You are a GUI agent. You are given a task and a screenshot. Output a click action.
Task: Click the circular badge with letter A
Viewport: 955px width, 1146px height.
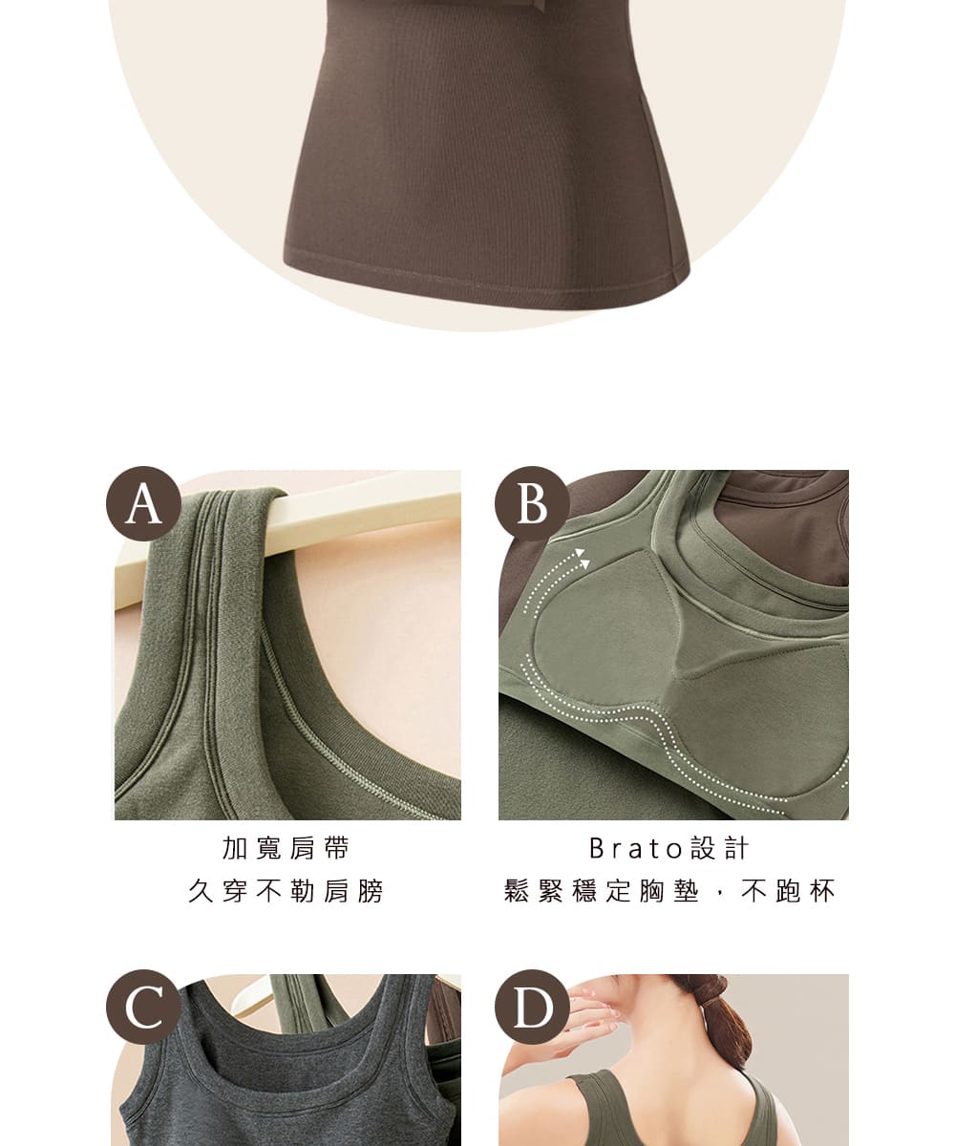(143, 503)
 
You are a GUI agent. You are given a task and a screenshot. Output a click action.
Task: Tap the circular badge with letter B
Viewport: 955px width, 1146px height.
(532, 503)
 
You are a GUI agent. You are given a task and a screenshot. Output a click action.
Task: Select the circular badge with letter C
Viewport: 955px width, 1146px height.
(143, 1007)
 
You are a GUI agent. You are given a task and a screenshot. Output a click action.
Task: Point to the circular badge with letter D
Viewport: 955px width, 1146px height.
(532, 1007)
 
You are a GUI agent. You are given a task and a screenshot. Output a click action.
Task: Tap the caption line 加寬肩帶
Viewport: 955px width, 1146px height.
(286, 848)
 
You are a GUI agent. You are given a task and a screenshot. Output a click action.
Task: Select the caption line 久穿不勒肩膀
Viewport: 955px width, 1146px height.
(286, 891)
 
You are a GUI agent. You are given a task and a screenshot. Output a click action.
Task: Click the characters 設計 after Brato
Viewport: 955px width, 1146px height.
(719, 848)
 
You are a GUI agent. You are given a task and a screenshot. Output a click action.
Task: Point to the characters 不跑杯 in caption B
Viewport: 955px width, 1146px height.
(788, 891)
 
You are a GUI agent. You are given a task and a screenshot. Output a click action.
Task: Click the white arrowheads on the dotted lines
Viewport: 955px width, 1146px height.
(583, 558)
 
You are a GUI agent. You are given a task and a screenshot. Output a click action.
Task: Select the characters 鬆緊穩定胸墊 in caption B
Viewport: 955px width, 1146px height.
(602, 891)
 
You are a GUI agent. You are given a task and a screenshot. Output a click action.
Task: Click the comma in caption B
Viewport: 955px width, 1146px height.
(719, 896)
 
